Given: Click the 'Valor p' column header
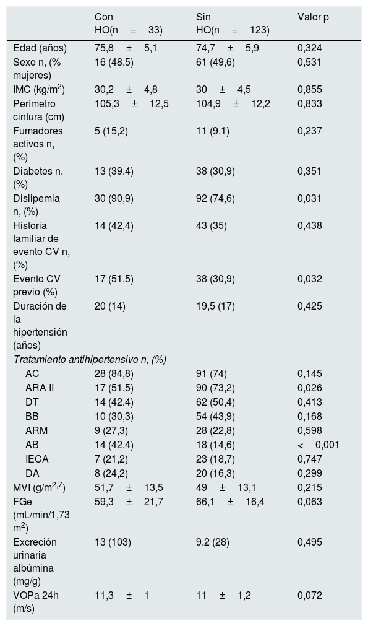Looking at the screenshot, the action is [x=313, y=17].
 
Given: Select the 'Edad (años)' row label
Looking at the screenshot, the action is [x=40, y=48].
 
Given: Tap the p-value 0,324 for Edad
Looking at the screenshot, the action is [x=309, y=48].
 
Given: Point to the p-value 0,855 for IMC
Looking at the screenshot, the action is [x=309, y=89].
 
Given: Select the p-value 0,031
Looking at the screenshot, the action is [x=309, y=198].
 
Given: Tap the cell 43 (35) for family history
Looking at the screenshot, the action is [x=212, y=225].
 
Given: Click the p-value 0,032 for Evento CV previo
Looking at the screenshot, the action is [x=309, y=279].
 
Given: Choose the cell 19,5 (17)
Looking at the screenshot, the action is [x=215, y=306].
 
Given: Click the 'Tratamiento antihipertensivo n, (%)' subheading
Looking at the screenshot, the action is [x=90, y=360].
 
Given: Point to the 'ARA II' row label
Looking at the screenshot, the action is [x=40, y=388].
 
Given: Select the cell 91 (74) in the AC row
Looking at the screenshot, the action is [x=212, y=374].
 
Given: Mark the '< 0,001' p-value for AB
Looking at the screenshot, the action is [x=318, y=445].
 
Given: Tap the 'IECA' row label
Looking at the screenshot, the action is [x=36, y=459].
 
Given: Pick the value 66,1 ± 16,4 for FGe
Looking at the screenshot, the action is [x=230, y=502].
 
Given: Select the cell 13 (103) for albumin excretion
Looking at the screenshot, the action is [x=113, y=542].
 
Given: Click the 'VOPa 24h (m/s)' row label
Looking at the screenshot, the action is [x=35, y=602].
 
